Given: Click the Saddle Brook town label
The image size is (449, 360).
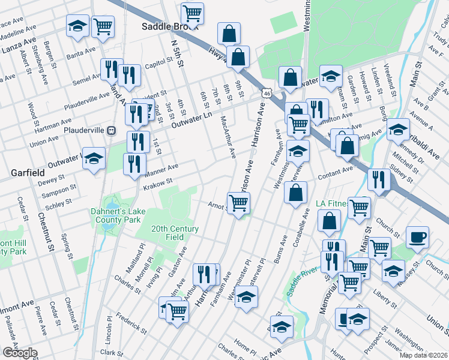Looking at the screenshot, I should click(164, 26).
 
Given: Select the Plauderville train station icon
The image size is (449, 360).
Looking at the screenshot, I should click(111, 130).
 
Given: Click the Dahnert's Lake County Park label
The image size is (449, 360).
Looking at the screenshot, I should click(119, 215).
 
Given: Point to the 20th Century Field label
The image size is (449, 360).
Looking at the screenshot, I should click(175, 233).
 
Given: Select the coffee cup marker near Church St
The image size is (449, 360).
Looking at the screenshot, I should click(417, 236).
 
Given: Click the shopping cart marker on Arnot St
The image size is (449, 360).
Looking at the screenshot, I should click(238, 203).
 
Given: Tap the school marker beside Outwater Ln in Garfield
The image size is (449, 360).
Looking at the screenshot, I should click(93, 158).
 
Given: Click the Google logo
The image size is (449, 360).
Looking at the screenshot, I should click(20, 353).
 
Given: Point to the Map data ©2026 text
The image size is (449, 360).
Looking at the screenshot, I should click(424, 355).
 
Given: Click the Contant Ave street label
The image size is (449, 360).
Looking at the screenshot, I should click(336, 172).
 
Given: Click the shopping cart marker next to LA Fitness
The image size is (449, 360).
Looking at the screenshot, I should click(359, 207).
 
